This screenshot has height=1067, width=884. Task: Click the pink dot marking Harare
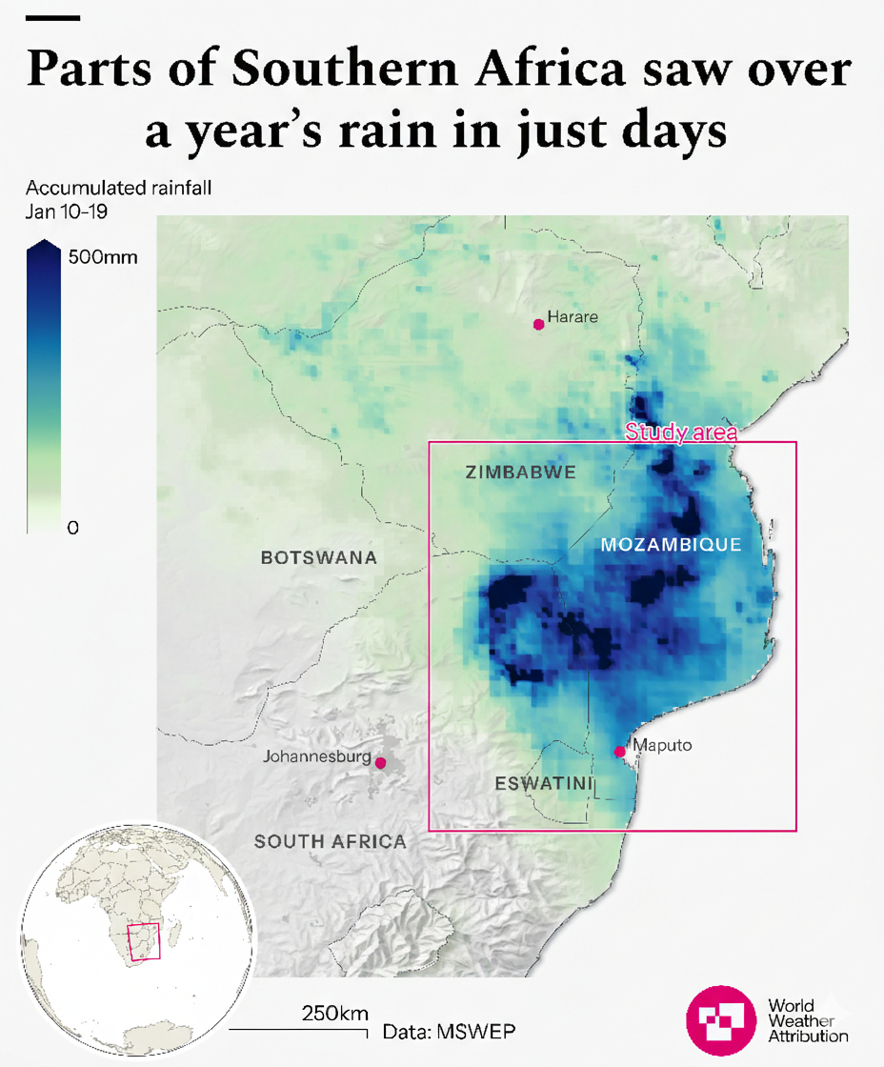[x=538, y=324]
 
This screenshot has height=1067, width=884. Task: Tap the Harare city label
[x=573, y=317]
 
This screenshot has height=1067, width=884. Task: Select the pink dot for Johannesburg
[x=380, y=763]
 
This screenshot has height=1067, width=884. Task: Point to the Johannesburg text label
[x=316, y=757]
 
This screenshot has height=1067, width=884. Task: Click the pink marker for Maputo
[x=620, y=752]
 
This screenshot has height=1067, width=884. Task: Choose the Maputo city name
[x=662, y=745]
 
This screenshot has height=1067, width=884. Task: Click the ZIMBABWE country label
[x=521, y=472]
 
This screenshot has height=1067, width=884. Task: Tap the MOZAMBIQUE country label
[x=671, y=545]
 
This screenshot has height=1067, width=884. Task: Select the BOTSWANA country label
[x=319, y=558]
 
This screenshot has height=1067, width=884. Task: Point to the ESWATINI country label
[x=544, y=784]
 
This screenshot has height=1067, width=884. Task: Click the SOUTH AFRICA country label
[x=331, y=841]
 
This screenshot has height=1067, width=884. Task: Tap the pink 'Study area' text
[x=681, y=433]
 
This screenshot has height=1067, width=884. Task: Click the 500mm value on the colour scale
[x=103, y=256]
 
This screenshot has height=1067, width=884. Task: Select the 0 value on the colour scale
[x=72, y=528]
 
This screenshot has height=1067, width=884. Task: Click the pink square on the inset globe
[x=144, y=941]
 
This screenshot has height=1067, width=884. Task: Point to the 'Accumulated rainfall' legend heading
[x=118, y=188]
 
